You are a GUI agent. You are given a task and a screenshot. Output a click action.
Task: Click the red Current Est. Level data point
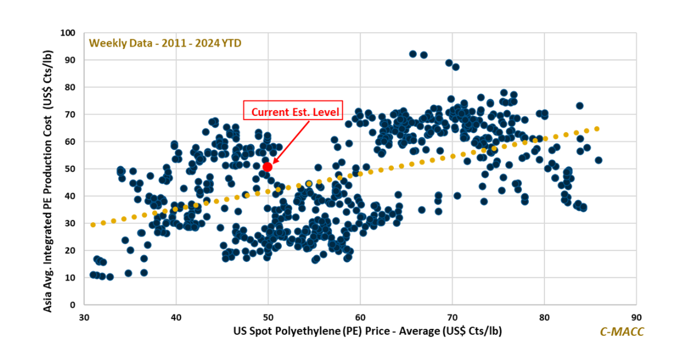267,167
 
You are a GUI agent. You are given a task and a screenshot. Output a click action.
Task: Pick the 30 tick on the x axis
84,317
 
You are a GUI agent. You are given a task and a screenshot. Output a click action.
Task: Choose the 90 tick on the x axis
636,317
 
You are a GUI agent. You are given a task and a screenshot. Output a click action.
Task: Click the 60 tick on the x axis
360,317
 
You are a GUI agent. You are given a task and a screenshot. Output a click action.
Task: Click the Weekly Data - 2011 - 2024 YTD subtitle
169,42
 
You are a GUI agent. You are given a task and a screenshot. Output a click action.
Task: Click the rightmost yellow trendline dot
597,129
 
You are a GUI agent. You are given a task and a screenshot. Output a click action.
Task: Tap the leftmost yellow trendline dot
93,224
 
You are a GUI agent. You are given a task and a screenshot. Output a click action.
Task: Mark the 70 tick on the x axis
452,317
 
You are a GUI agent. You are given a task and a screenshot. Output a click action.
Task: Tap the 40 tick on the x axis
176,317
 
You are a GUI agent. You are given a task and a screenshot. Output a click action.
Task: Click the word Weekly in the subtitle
105,42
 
